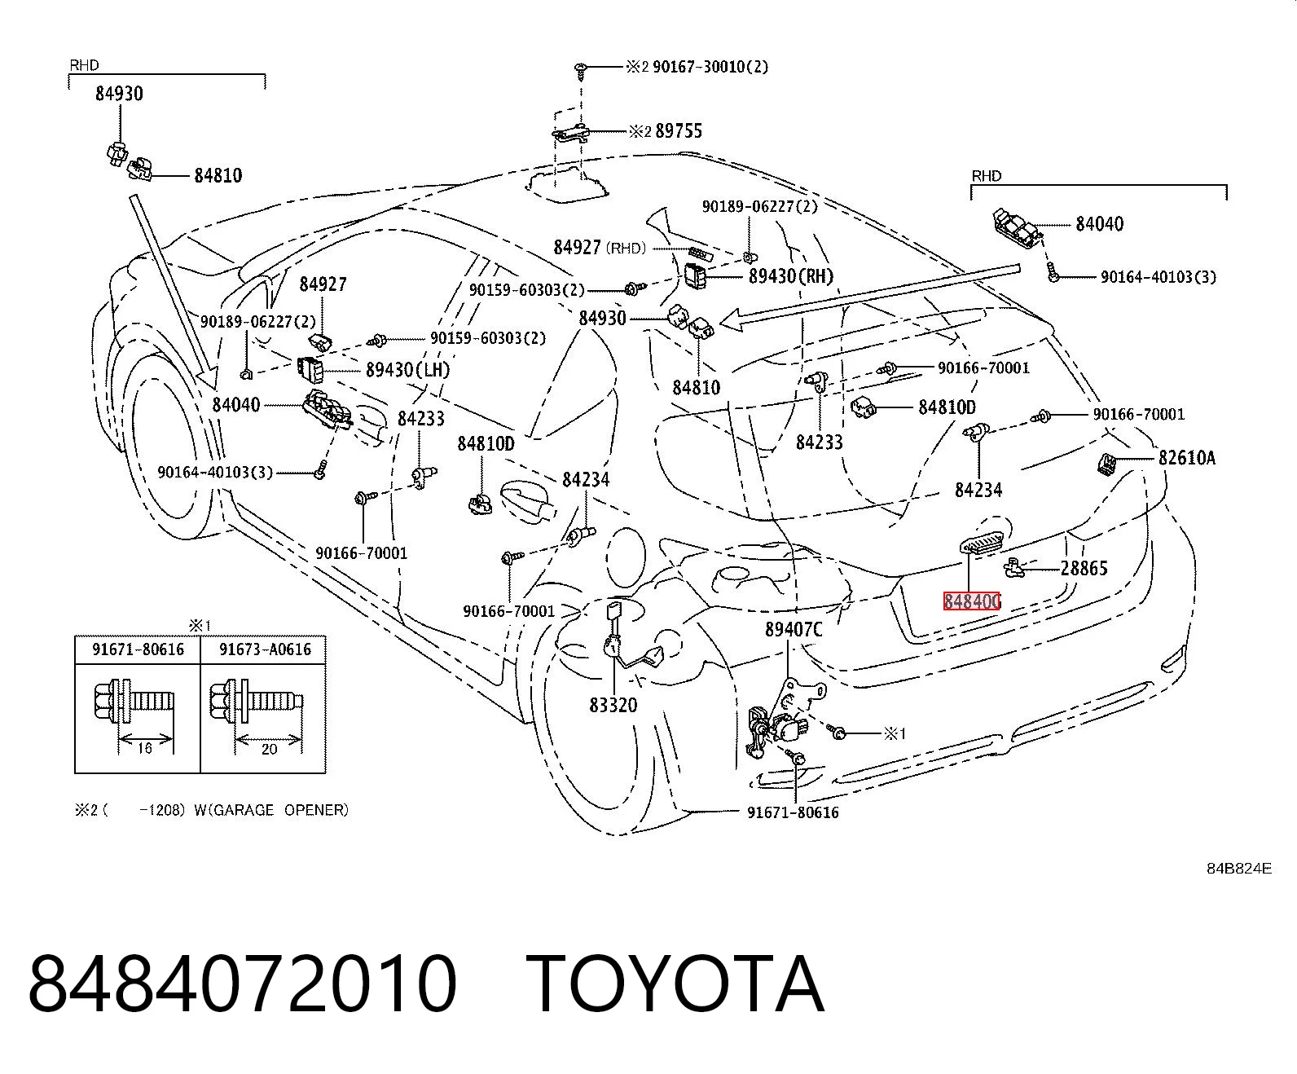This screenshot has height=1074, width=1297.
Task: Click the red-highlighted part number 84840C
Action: (x=971, y=601)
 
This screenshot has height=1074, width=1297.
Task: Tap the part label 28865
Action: (x=1084, y=568)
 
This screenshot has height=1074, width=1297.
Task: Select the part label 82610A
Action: (x=1186, y=458)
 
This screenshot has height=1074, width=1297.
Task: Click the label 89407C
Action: (x=794, y=630)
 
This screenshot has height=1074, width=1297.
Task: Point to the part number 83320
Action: (x=613, y=705)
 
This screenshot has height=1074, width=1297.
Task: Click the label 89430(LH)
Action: (x=407, y=370)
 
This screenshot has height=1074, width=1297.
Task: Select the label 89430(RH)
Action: (x=791, y=276)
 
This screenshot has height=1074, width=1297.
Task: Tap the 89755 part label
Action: (x=679, y=130)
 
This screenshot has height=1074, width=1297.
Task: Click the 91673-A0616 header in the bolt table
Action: (x=265, y=649)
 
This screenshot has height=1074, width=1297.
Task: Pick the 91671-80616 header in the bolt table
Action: (x=138, y=649)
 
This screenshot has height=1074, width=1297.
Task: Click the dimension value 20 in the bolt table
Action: (x=269, y=750)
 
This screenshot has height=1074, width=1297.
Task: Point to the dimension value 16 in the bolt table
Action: (x=144, y=748)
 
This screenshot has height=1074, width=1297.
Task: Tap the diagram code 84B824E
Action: (x=1239, y=869)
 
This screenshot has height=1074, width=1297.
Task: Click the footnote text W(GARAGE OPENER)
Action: (x=271, y=811)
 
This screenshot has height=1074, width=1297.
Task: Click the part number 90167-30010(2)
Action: (x=710, y=67)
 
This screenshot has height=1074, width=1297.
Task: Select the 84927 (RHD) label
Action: (x=600, y=248)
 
